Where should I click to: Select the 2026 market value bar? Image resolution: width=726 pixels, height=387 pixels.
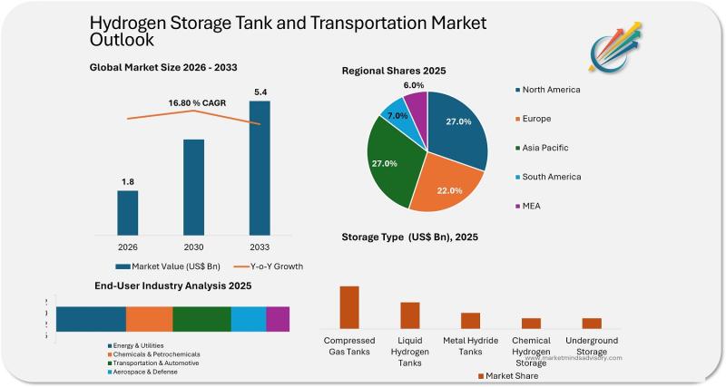click(128, 210)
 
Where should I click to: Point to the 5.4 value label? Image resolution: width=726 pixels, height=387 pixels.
click(260, 92)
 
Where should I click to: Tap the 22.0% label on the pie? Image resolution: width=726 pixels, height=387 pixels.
click(449, 190)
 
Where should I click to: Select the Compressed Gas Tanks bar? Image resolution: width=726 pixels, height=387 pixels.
click(349, 307)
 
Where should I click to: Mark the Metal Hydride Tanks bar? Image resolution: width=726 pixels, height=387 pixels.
click(470, 320)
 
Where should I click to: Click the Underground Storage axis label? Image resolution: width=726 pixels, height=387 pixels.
click(592, 345)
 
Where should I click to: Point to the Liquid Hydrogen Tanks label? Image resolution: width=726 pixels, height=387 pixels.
click(410, 352)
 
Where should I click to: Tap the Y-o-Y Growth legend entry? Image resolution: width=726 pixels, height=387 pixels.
click(270, 266)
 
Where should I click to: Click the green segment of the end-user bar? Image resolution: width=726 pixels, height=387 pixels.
click(201, 319)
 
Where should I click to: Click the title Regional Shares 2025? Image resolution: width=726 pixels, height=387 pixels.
click(393, 70)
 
